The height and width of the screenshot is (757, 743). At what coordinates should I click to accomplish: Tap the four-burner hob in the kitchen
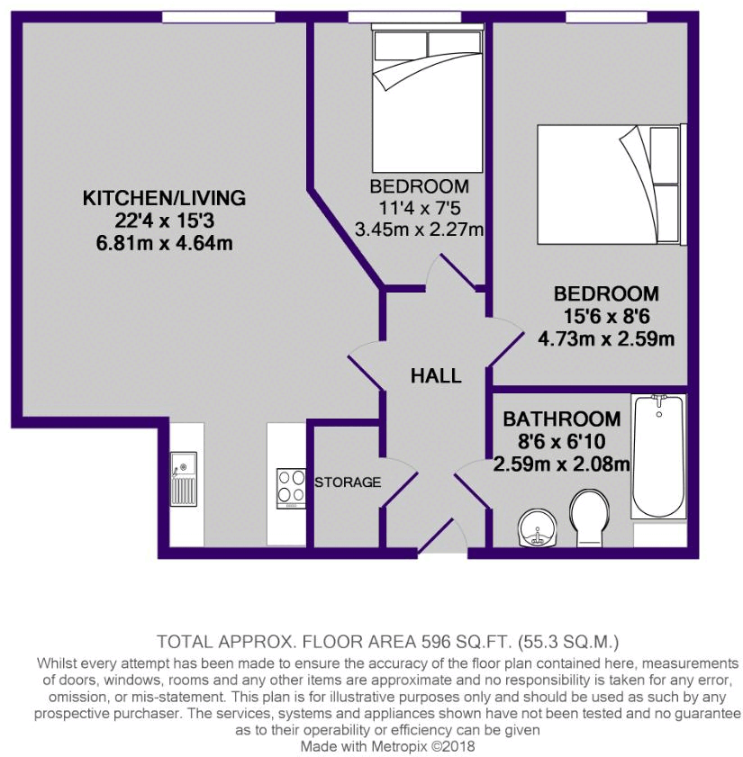291,488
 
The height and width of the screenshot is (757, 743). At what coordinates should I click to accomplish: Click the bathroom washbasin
540,527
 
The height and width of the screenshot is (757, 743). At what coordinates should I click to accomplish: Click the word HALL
436,376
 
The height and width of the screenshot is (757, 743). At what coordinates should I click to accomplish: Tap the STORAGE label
348,482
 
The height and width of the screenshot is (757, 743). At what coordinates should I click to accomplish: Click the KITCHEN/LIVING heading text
164,198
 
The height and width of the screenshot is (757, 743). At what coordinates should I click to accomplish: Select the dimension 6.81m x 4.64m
164,243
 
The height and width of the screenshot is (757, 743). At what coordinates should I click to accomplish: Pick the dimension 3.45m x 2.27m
419,230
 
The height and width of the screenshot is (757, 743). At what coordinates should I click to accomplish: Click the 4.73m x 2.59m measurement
606,338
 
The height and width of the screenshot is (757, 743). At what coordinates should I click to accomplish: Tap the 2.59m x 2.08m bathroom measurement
561,464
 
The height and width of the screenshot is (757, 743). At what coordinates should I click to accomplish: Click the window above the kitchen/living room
218,16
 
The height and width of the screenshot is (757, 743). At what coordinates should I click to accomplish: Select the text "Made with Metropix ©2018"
389,746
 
